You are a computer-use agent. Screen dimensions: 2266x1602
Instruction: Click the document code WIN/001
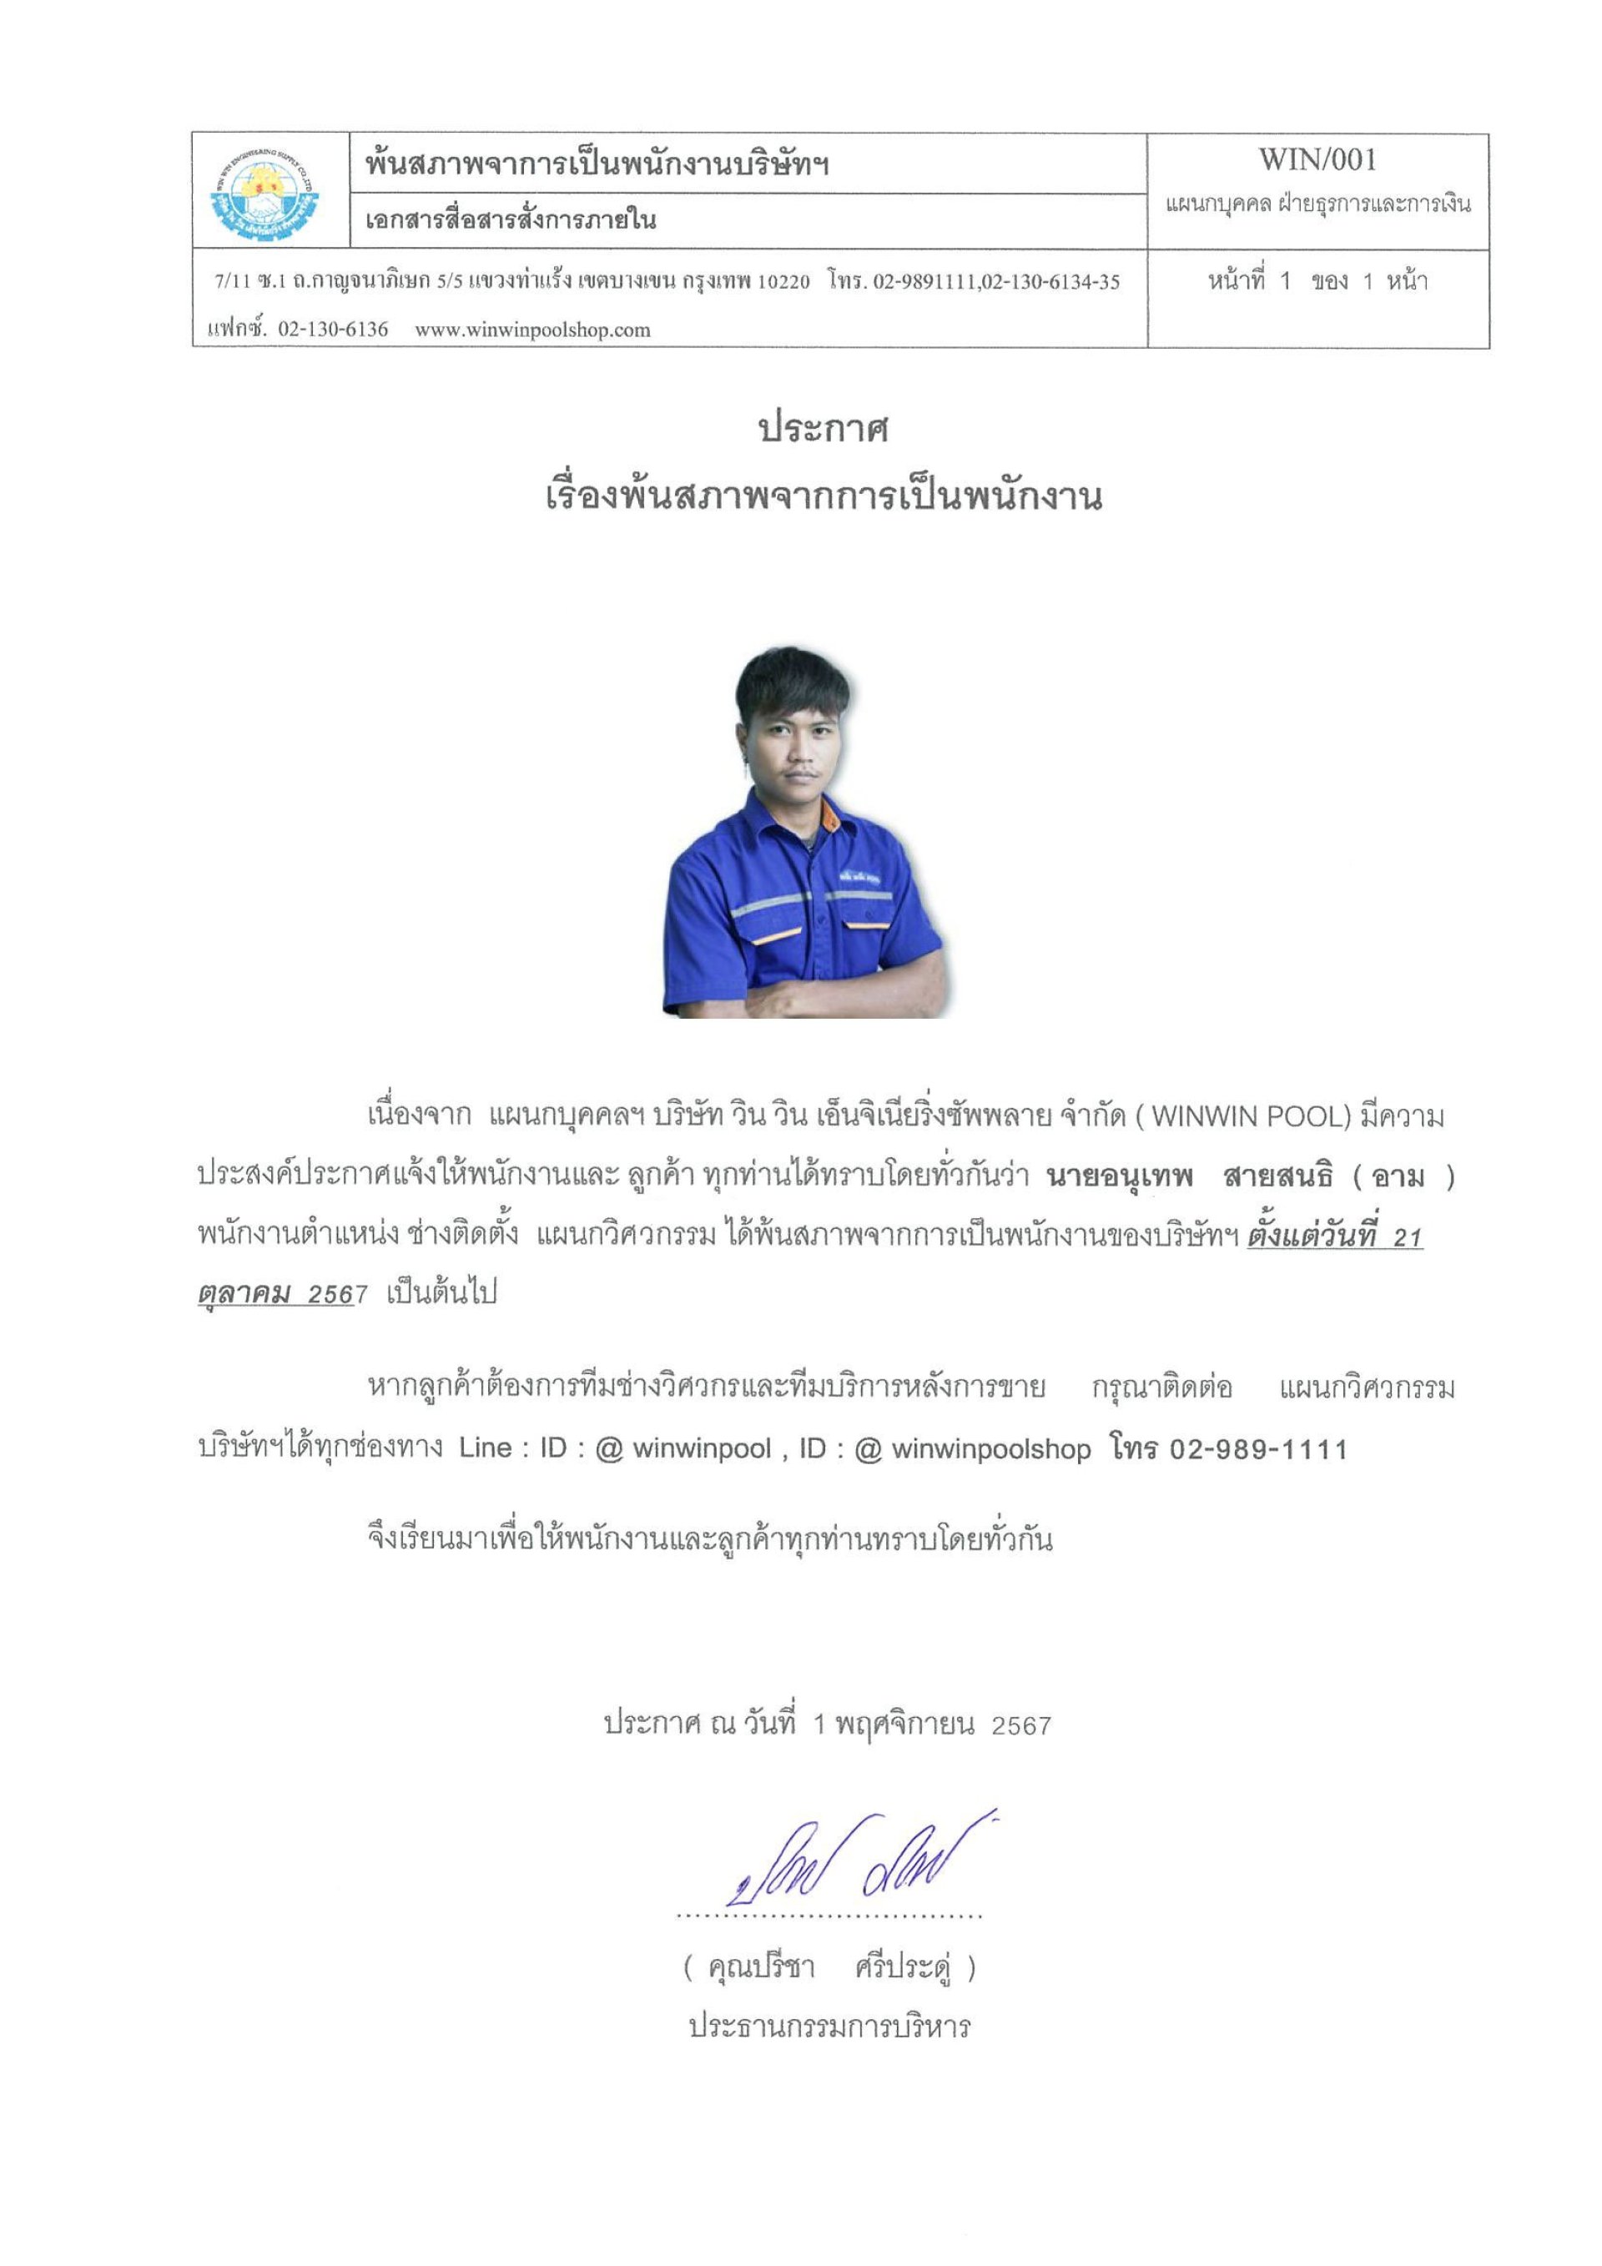pyautogui.click(x=1317, y=160)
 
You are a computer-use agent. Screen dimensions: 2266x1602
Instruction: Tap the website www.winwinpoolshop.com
pyautogui.click(x=532, y=330)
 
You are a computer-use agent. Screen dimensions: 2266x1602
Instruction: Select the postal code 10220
pyautogui.click(x=783, y=281)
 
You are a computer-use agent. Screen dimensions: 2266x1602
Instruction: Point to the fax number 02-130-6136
pyautogui.click(x=333, y=330)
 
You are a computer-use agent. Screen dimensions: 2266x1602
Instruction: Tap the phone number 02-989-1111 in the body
pyautogui.click(x=1257, y=1450)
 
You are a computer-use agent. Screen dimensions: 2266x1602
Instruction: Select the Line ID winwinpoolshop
pyautogui.click(x=991, y=1449)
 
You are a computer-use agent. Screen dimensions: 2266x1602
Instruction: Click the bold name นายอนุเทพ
pyautogui.click(x=1120, y=1176)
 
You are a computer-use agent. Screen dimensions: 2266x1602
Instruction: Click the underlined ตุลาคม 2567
pyautogui.click(x=276, y=1294)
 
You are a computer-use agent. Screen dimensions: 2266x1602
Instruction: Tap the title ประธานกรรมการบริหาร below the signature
pyautogui.click(x=829, y=2027)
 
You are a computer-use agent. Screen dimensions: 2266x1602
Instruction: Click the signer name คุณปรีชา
pyautogui.click(x=761, y=1968)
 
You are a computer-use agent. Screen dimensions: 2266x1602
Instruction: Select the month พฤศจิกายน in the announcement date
pyautogui.click(x=904, y=1725)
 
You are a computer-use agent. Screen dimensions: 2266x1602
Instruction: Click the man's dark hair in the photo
pyautogui.click(x=789, y=681)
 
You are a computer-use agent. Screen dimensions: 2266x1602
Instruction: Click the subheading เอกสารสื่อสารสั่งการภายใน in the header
pyautogui.click(x=511, y=219)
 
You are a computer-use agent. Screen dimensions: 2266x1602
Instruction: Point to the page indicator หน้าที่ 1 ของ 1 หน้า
pyautogui.click(x=1317, y=281)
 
